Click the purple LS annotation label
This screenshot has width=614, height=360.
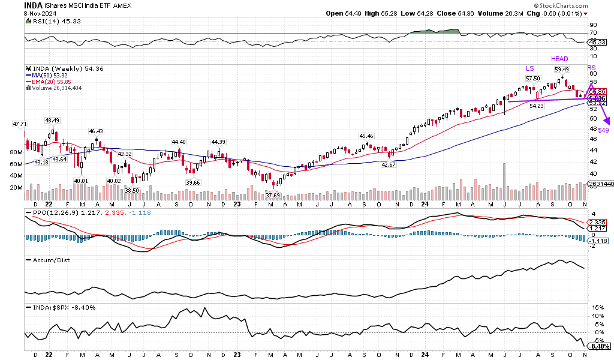(530, 68)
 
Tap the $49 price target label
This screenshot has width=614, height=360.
(604, 130)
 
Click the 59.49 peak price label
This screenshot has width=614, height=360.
(561, 69)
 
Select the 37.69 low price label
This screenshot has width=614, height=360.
(273, 194)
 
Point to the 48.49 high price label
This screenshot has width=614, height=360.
(52, 119)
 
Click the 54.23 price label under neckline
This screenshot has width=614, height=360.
(536, 106)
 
